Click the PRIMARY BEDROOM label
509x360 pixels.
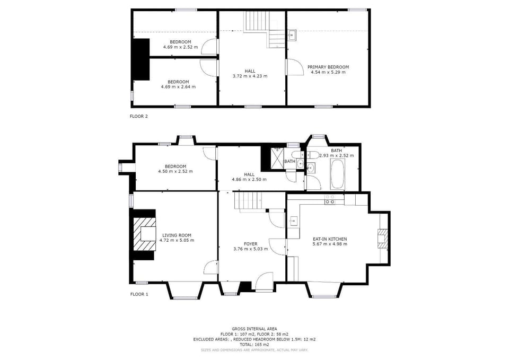[x=328, y=67]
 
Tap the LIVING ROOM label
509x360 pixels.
[x=177, y=235]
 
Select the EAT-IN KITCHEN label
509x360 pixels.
[x=330, y=239]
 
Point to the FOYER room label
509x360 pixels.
[x=251, y=244]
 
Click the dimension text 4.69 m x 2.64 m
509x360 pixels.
[x=178, y=86]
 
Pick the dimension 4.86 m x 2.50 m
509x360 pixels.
[x=249, y=179]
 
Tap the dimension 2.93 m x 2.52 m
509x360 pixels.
[x=337, y=155]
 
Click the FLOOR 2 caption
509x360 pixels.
[x=138, y=116]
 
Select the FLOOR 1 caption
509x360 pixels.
[x=139, y=294]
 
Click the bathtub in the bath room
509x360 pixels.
[x=338, y=174]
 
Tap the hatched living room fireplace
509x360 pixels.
[x=144, y=234]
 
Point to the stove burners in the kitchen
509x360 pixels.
[x=330, y=199]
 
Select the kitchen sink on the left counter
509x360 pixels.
[x=293, y=222]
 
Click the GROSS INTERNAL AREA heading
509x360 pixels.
[x=254, y=329]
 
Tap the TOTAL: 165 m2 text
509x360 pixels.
[x=254, y=345]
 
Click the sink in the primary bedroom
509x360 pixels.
[x=292, y=35]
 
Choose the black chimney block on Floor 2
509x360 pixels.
[x=142, y=59]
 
